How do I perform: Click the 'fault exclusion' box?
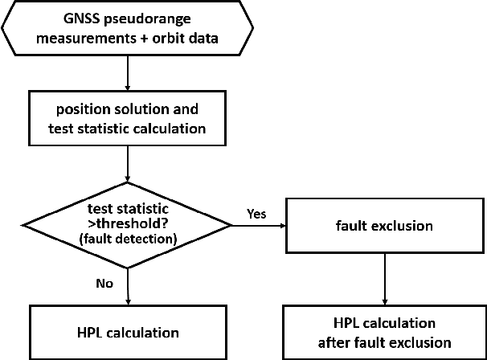(x=383, y=226)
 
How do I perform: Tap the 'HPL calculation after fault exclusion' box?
(x=383, y=332)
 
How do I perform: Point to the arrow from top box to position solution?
(x=129, y=73)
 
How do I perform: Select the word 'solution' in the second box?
(x=145, y=108)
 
